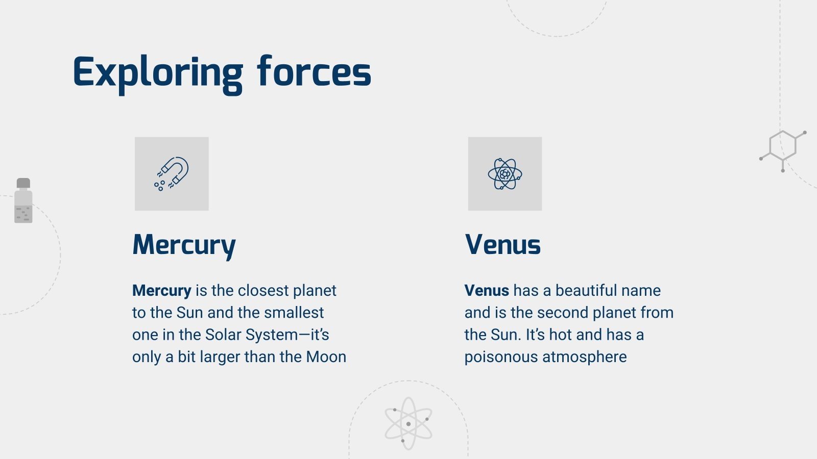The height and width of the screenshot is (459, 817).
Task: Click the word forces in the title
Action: [314, 72]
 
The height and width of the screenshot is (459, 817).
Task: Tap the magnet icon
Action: [172, 173]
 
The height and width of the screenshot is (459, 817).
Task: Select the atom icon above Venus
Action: [504, 173]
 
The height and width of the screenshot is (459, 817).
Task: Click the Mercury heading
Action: [184, 245]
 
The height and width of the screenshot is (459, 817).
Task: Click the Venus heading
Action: [502, 245]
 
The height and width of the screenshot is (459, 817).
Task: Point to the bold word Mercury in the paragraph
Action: [161, 291]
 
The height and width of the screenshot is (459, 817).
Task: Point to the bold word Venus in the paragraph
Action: [487, 291]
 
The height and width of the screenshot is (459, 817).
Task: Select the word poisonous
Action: [501, 357]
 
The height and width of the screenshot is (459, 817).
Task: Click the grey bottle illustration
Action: [23, 204]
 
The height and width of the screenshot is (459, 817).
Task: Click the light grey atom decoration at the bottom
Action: [408, 423]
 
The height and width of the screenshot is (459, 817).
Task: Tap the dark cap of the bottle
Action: [23, 183]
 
